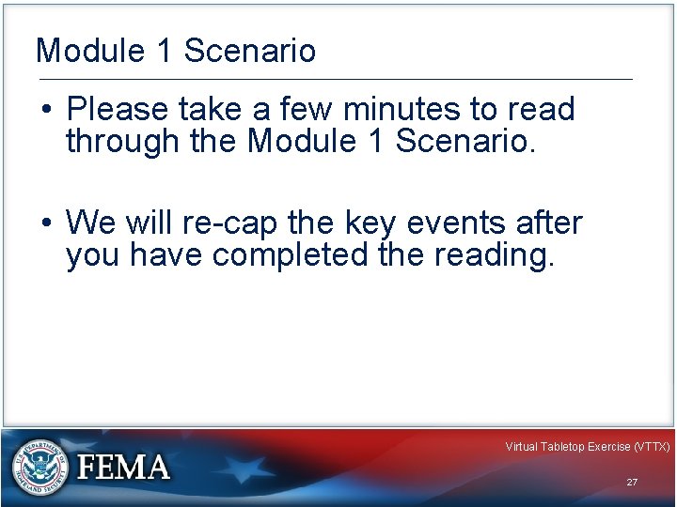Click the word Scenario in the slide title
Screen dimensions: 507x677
click(x=250, y=51)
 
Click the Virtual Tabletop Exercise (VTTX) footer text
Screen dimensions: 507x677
click(x=587, y=447)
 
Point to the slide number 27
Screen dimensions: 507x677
click(x=632, y=482)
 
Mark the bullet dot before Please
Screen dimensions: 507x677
click(x=46, y=111)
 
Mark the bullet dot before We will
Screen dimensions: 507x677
click(x=46, y=224)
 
